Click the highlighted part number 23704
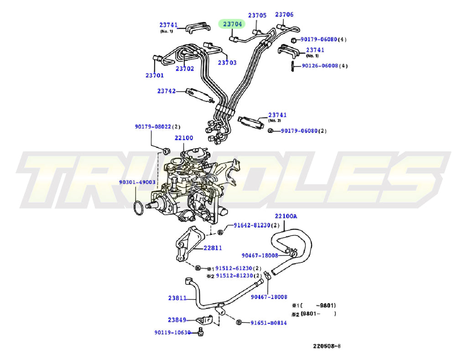[x=232, y=24]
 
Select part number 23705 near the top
[x=257, y=15]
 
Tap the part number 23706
[x=284, y=15]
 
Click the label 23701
[x=155, y=75]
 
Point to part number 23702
[x=185, y=69]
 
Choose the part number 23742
[x=166, y=91]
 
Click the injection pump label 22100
[x=184, y=138]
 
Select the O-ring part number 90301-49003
[x=137, y=182]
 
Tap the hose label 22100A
[x=285, y=216]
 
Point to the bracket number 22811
[x=213, y=248]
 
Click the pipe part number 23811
[x=177, y=298]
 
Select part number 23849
[x=176, y=320]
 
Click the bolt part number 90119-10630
[x=172, y=332]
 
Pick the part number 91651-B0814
[x=269, y=323]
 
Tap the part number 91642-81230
[x=252, y=225]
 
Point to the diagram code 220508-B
[x=327, y=346]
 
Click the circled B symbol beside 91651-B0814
[x=239, y=323]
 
